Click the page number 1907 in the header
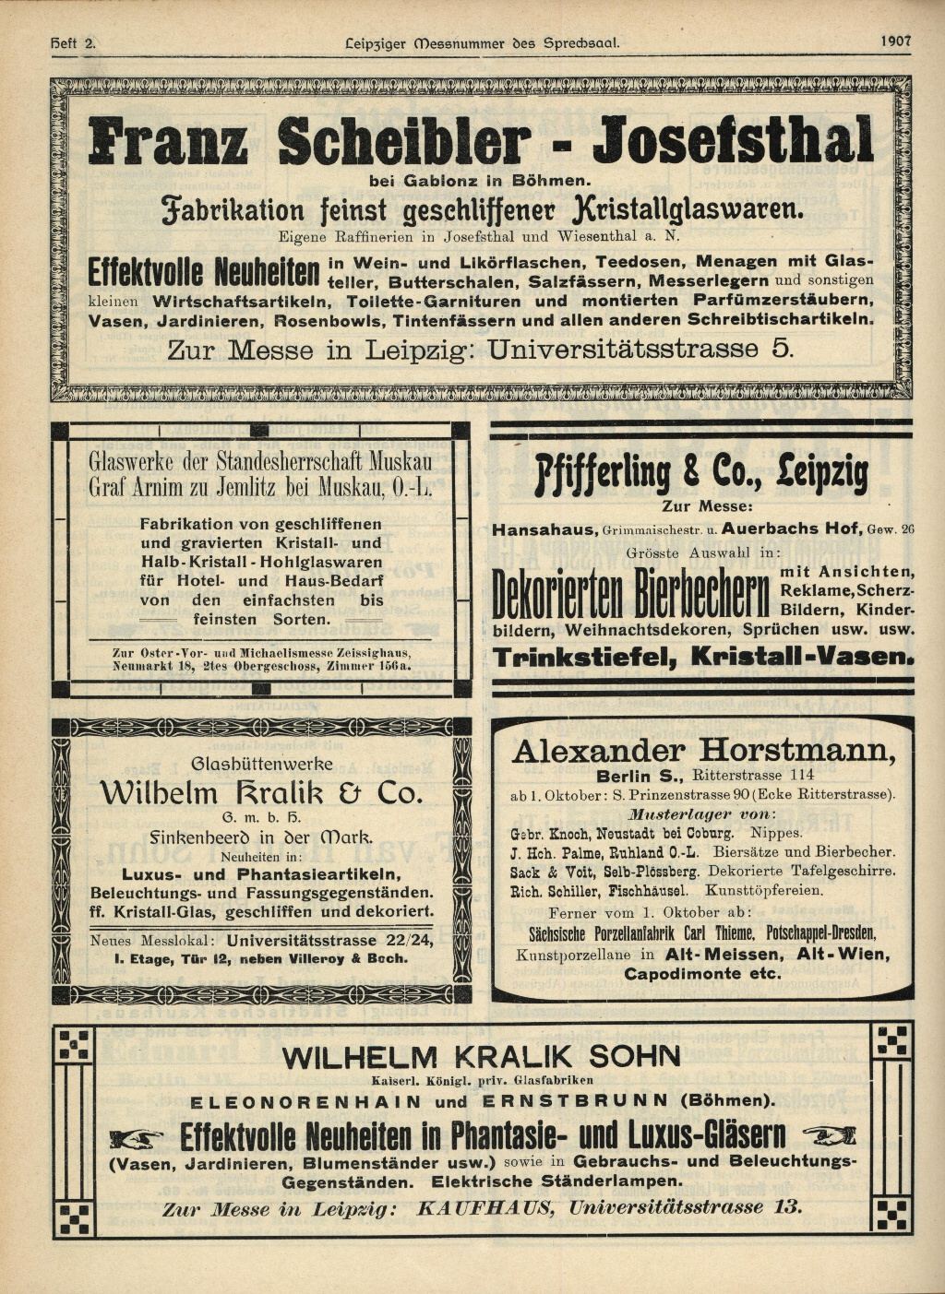894,41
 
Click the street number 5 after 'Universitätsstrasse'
783,350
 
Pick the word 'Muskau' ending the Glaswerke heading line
402,460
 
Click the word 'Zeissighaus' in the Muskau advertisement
364,651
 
